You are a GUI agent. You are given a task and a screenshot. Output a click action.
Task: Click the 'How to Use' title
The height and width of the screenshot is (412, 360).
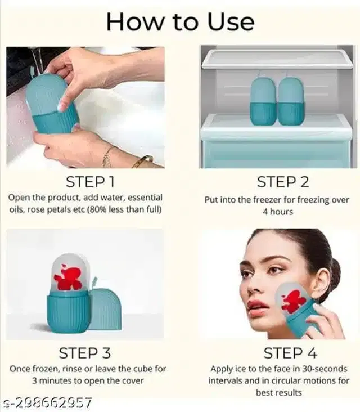click(180, 22)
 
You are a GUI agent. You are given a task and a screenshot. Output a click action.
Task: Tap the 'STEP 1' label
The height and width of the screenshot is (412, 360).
click(90, 182)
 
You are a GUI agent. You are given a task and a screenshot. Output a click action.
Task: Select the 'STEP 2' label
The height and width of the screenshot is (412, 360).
click(283, 182)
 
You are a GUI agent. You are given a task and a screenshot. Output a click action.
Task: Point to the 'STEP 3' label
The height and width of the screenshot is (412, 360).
click(84, 353)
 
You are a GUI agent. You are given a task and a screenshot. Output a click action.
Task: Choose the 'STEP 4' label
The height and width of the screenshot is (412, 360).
click(290, 353)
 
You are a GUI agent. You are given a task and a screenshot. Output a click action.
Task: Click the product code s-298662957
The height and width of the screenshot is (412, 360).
click(46, 403)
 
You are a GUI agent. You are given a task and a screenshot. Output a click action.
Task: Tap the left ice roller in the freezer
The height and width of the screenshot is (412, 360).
click(263, 101)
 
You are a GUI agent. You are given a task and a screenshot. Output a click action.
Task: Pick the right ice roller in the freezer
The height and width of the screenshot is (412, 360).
click(291, 101)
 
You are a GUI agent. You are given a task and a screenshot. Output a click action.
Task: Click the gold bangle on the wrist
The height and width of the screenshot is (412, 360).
click(143, 161)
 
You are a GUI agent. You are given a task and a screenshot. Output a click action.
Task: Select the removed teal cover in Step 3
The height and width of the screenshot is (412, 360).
click(106, 309)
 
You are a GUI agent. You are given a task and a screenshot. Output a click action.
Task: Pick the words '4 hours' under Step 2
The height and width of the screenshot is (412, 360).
click(278, 212)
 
